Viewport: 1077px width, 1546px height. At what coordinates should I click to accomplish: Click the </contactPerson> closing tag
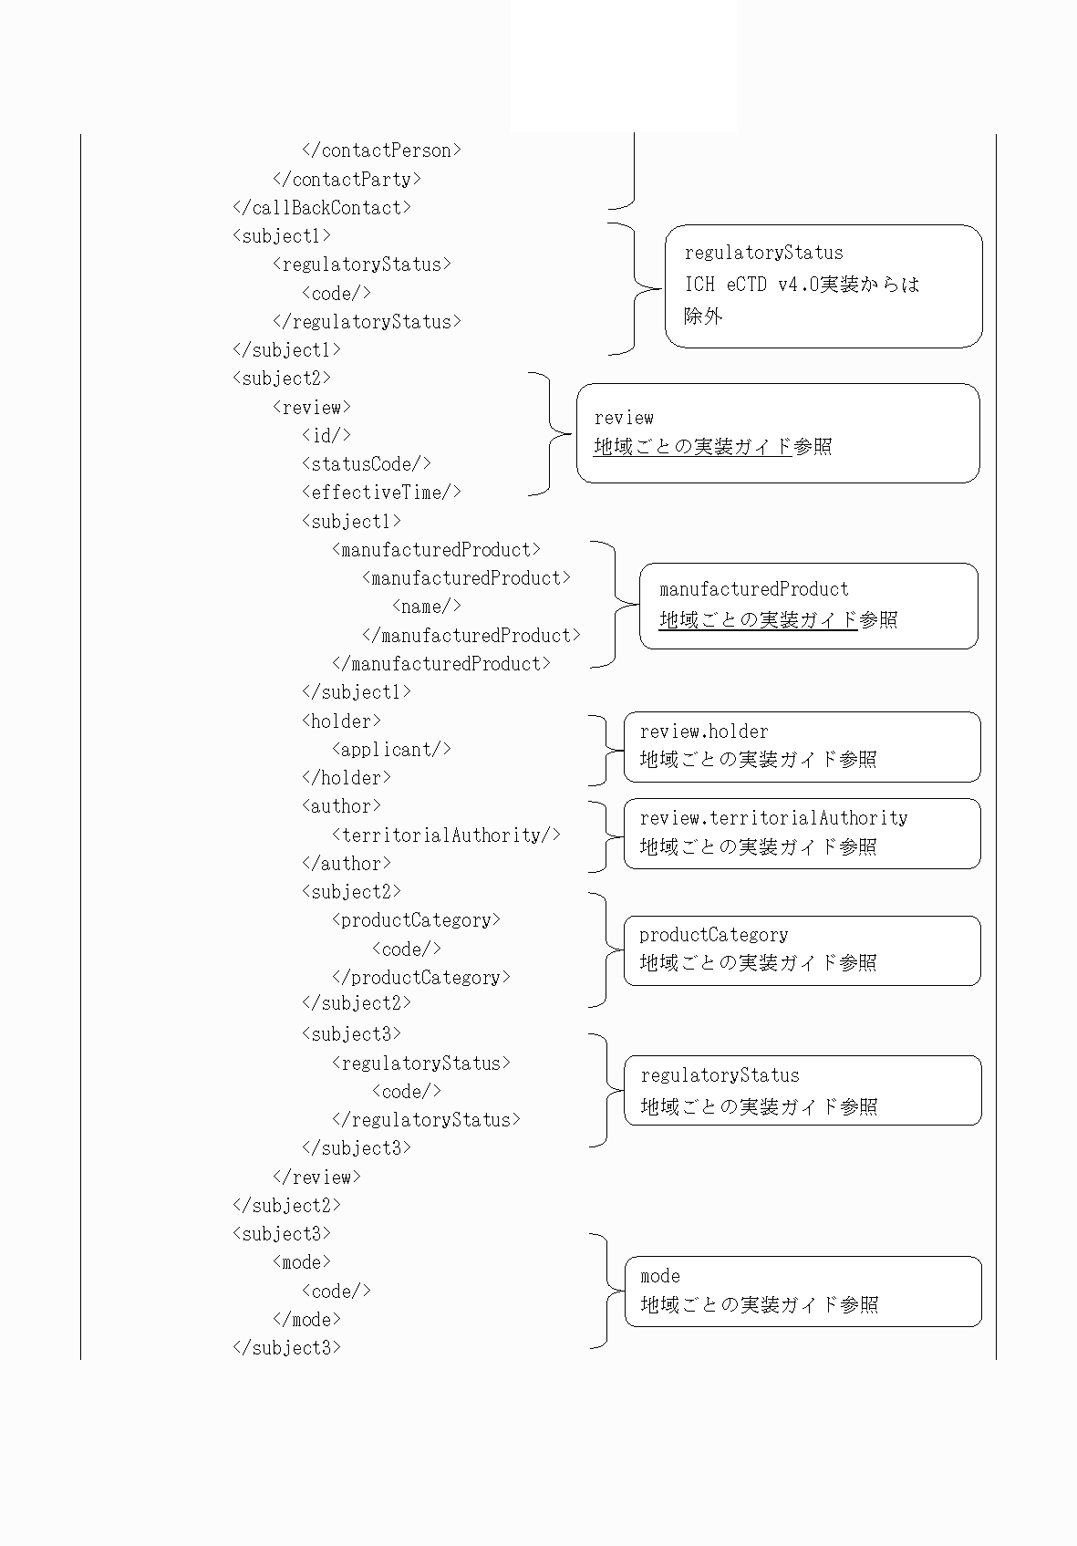381,150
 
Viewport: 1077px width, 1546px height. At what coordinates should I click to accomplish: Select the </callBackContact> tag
322,208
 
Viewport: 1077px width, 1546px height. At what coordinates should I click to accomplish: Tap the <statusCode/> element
367,463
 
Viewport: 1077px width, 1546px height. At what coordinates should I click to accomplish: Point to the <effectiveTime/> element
381,493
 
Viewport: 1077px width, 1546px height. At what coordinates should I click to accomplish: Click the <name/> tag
427,606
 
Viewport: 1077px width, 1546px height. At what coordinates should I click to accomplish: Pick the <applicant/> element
391,749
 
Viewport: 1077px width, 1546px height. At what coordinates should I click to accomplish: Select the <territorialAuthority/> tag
446,835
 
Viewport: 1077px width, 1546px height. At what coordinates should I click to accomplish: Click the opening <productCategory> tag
416,920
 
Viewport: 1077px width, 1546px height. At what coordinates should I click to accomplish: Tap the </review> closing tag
316,1177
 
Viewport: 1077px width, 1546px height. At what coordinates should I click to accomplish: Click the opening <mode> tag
302,1262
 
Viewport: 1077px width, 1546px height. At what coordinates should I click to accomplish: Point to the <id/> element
326,435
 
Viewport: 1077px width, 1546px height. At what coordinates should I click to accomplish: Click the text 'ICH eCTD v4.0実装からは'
802,285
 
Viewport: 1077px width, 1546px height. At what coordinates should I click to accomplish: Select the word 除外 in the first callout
703,316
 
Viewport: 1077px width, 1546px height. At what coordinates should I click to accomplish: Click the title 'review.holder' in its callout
704,731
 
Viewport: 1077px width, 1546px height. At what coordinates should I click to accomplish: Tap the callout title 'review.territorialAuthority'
773,818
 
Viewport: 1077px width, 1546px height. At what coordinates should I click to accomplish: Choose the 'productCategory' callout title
713,935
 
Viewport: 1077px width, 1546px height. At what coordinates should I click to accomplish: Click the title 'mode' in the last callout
660,1276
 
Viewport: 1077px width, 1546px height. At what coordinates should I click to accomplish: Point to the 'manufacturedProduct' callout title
754,589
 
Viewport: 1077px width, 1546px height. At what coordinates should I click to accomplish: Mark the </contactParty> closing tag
347,180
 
